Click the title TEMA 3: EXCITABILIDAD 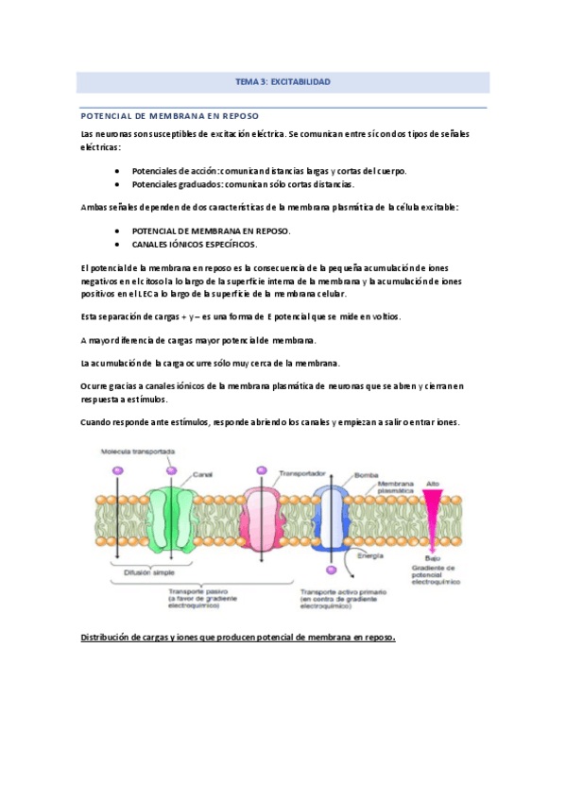coord(283,82)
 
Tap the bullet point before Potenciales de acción coord(115,171)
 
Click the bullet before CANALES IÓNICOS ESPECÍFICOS coord(115,244)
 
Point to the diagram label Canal coord(202,474)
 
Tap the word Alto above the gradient coord(433,482)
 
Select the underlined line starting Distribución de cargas coord(236,637)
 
